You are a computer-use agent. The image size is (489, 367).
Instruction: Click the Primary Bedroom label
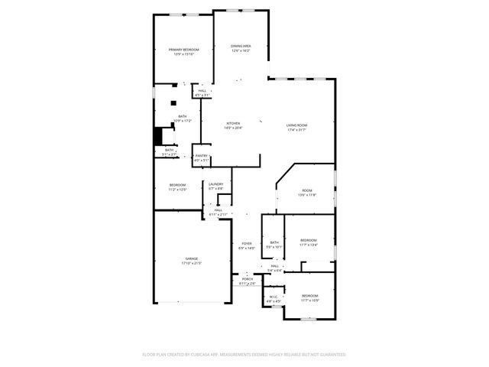183,51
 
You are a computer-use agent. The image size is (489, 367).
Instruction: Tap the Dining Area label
241,48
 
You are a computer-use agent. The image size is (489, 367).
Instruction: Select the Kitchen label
233,125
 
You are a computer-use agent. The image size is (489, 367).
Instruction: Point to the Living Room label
296,127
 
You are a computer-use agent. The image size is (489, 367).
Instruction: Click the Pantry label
201,158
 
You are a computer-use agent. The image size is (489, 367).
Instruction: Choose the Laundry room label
216,185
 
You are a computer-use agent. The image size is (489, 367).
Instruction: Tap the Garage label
190,261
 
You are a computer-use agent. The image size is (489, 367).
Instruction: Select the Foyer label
246,245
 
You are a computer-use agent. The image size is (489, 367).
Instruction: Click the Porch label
247,281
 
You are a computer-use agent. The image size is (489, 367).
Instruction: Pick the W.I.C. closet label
273,299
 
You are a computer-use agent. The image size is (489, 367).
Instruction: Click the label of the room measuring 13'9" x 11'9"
306,192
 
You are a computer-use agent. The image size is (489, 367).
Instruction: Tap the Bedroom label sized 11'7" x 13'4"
308,242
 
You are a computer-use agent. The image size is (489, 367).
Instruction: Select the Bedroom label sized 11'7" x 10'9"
309,297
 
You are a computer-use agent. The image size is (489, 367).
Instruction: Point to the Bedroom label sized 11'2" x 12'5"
177,187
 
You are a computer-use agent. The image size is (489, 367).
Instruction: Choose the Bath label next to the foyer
274,245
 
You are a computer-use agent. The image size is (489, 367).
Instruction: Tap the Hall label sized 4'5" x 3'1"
202,93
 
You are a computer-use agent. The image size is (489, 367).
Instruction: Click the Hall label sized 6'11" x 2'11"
218,212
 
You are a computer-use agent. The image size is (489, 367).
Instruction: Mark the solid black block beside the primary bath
158,135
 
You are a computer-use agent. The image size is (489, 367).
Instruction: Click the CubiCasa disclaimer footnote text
244,354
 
